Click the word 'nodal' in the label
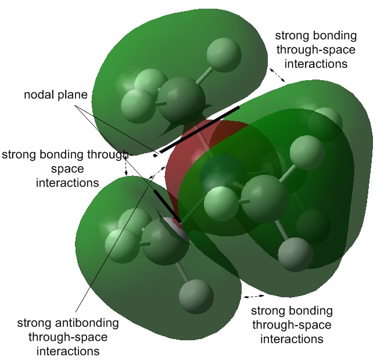(x=38, y=94)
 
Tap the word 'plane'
(x=71, y=94)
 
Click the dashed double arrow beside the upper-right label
(x=277, y=74)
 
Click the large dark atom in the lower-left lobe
(x=164, y=242)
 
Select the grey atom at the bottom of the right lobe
(x=295, y=253)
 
